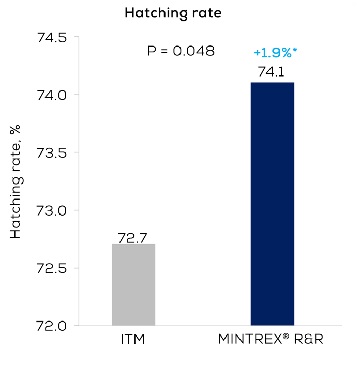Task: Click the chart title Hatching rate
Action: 173,13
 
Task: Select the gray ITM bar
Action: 133,284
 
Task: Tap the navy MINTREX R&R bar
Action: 272,204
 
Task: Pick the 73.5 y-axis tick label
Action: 51,153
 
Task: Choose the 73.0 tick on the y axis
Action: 51,210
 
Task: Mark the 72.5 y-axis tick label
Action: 51,268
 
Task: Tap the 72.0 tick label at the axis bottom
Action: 51,326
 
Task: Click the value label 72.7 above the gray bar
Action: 133,238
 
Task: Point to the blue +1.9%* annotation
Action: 277,53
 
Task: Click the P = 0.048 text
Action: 181,52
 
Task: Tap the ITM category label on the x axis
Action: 133,341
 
